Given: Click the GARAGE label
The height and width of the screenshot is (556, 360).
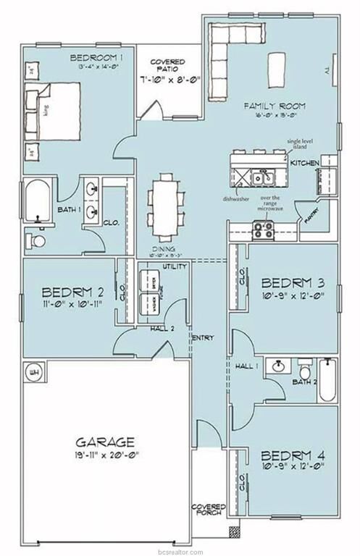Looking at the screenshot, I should click(x=106, y=441).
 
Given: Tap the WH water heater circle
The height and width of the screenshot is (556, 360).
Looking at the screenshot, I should click(x=33, y=372).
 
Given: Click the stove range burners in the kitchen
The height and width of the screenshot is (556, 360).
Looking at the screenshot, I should click(x=262, y=231).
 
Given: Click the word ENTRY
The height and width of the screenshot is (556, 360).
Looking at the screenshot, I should click(x=201, y=337).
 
